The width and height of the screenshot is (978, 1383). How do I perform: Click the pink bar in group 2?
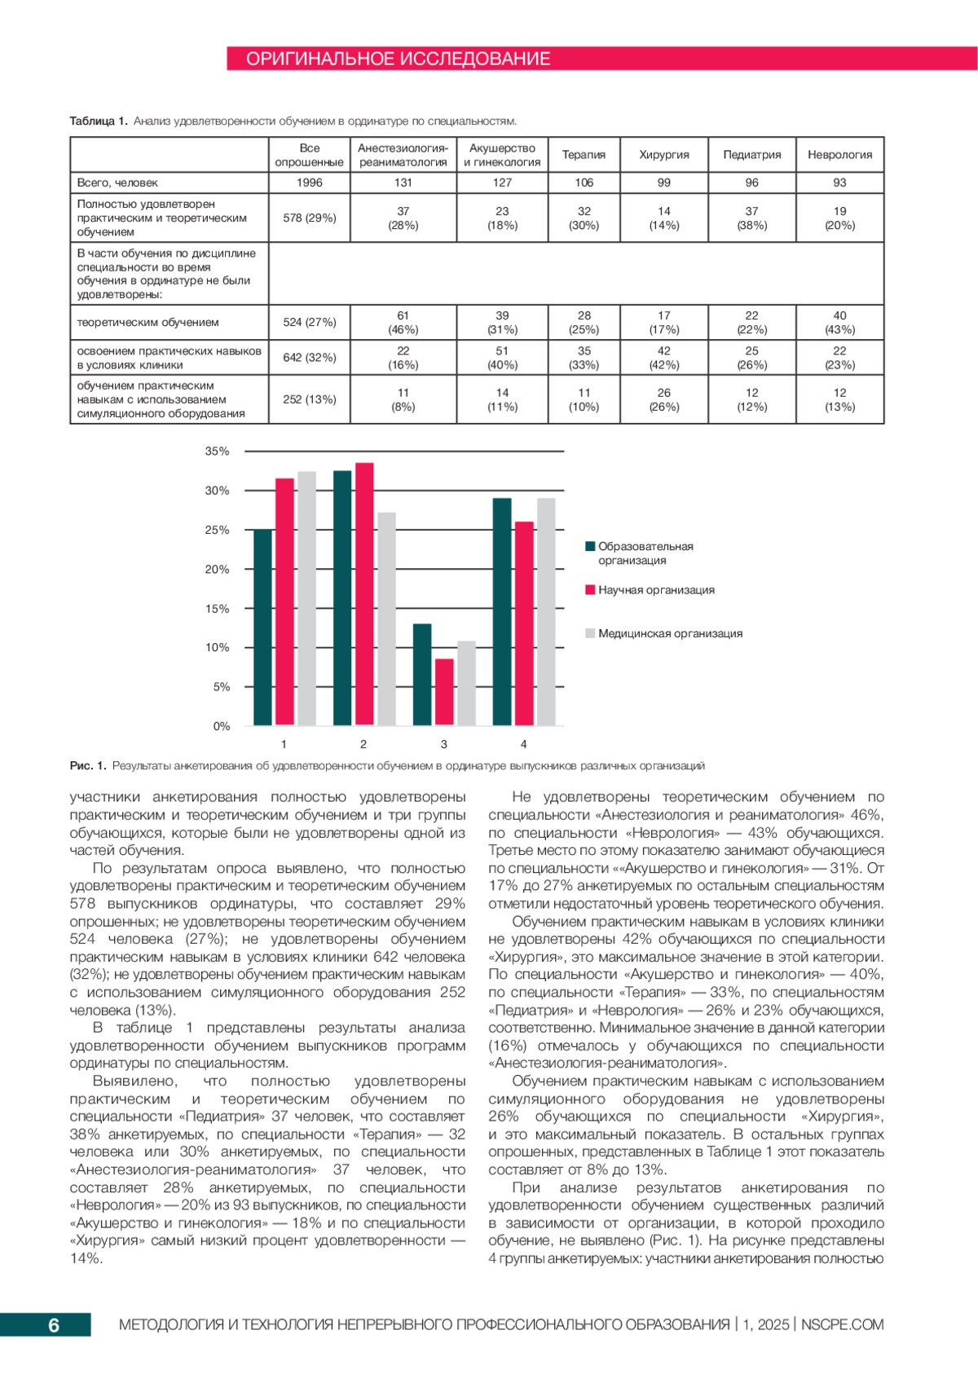click(364, 595)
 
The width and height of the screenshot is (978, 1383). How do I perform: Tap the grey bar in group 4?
click(546, 612)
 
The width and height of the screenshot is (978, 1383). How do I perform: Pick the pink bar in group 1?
click(284, 602)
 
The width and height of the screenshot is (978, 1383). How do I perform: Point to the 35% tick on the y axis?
click(217, 451)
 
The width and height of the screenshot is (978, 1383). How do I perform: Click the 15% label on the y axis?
click(217, 609)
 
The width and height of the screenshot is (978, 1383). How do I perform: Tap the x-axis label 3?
click(443, 744)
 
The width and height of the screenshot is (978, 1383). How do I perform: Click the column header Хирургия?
click(663, 155)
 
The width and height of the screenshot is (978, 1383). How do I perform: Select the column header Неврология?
click(839, 155)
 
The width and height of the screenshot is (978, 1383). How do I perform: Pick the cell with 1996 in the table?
click(310, 183)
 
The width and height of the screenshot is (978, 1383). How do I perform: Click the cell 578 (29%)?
click(310, 218)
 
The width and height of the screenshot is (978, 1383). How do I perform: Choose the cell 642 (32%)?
click(310, 357)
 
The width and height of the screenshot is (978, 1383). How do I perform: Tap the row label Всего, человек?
click(117, 183)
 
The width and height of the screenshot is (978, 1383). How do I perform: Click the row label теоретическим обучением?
click(148, 322)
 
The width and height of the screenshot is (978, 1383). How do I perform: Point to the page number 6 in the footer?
click(54, 1325)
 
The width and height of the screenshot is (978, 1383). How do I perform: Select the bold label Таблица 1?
click(98, 121)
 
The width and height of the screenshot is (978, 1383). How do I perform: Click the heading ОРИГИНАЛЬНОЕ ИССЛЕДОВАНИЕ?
click(398, 59)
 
